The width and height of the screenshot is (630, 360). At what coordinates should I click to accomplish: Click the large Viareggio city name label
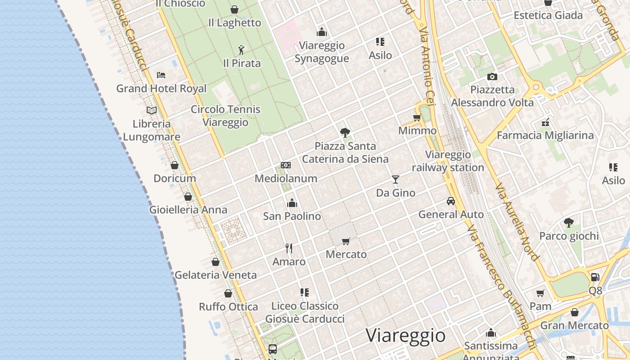click(x=405, y=336)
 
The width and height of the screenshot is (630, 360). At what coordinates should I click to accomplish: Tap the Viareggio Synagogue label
click(x=322, y=52)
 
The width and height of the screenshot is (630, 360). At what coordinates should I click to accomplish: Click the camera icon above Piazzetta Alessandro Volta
click(x=492, y=76)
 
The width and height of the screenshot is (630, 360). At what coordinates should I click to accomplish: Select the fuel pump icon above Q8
click(x=595, y=277)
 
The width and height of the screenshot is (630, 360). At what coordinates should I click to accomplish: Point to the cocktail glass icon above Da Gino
click(x=396, y=180)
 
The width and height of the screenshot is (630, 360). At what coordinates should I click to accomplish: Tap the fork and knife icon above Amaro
click(x=289, y=248)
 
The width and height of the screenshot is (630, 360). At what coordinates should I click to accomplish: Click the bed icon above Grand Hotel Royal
click(x=161, y=75)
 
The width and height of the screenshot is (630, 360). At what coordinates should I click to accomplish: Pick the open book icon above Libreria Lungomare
click(x=152, y=110)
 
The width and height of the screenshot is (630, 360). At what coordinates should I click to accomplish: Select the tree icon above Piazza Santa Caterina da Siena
click(x=345, y=133)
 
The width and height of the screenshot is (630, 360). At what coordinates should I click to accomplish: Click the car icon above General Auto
click(x=451, y=201)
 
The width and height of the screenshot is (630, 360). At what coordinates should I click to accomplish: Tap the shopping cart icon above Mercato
click(x=346, y=241)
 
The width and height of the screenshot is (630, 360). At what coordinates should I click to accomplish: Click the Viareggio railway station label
click(x=448, y=161)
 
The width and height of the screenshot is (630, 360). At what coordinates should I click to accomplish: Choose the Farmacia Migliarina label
click(x=545, y=135)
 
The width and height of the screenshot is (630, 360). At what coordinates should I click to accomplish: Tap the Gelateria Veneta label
click(x=216, y=275)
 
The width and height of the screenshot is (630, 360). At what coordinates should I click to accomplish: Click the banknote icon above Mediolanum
click(x=286, y=165)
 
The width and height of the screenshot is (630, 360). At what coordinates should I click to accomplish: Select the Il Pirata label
click(x=242, y=63)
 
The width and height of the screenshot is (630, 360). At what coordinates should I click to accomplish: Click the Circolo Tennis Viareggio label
click(x=225, y=116)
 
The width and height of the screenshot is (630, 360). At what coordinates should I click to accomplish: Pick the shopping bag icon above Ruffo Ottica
click(x=228, y=293)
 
